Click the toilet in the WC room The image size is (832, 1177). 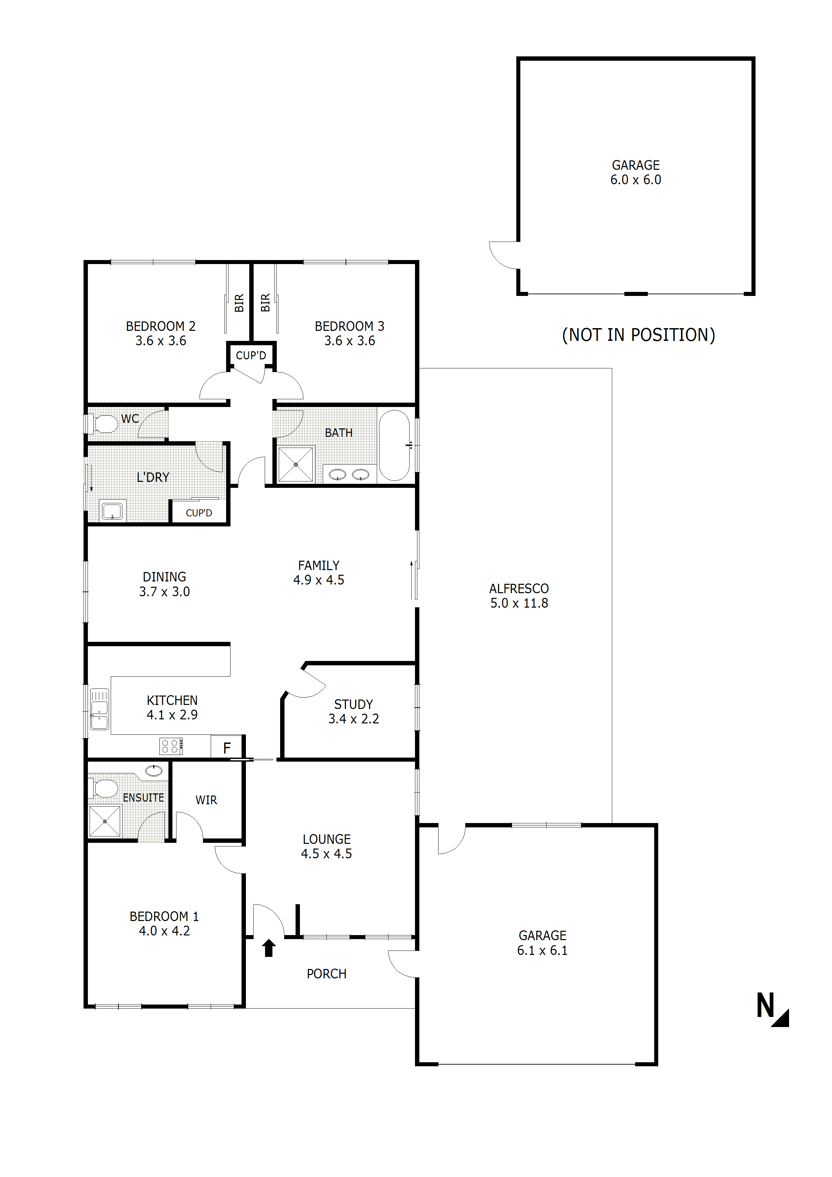[x=104, y=424]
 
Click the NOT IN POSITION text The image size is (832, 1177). [x=638, y=335]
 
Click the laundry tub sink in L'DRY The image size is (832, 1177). [x=112, y=511]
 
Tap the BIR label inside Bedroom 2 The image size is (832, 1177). [x=239, y=303]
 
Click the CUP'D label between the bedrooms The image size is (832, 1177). [x=251, y=355]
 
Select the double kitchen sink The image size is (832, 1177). [x=99, y=709]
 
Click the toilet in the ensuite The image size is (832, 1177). [x=104, y=788]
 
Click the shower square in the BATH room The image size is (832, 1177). [x=296, y=464]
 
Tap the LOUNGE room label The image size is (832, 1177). [x=326, y=839]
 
